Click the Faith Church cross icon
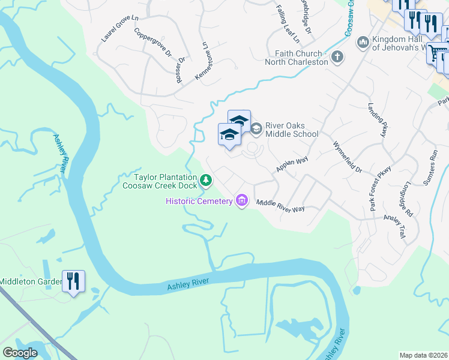click(337, 58)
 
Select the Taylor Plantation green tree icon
click(206, 180)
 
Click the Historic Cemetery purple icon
click(242, 200)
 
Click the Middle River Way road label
click(281, 205)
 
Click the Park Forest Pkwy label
click(381, 188)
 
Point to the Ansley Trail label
click(396, 230)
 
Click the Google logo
click(20, 353)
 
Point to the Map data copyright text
click(423, 355)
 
